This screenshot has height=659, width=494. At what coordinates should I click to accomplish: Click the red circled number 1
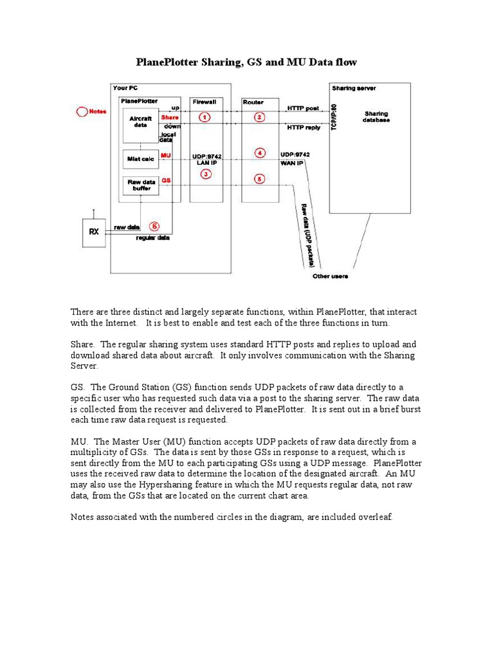(x=205, y=117)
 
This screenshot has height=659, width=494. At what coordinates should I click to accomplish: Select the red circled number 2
(x=259, y=117)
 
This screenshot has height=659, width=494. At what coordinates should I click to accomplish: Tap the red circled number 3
(x=205, y=174)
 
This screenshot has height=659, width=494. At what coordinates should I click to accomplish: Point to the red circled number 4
(x=259, y=153)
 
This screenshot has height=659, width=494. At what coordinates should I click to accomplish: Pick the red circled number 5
(x=259, y=180)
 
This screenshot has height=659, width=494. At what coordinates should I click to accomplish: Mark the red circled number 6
(x=154, y=226)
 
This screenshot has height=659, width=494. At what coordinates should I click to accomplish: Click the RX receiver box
(x=94, y=232)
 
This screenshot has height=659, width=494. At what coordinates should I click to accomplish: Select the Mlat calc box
(x=139, y=158)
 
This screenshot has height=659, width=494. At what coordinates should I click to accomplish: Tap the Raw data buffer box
(x=139, y=185)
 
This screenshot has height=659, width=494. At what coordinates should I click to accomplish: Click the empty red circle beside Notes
(x=81, y=111)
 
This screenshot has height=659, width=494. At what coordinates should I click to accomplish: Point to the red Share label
(x=170, y=117)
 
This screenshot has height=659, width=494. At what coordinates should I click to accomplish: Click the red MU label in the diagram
(x=166, y=155)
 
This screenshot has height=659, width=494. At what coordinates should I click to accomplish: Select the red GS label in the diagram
(x=166, y=180)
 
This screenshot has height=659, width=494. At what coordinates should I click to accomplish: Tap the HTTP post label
(x=304, y=108)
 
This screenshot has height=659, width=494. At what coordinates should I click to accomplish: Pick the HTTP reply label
(x=305, y=129)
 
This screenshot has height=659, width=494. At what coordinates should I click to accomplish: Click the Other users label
(x=330, y=276)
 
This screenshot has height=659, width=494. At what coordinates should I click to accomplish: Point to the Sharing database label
(x=376, y=117)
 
